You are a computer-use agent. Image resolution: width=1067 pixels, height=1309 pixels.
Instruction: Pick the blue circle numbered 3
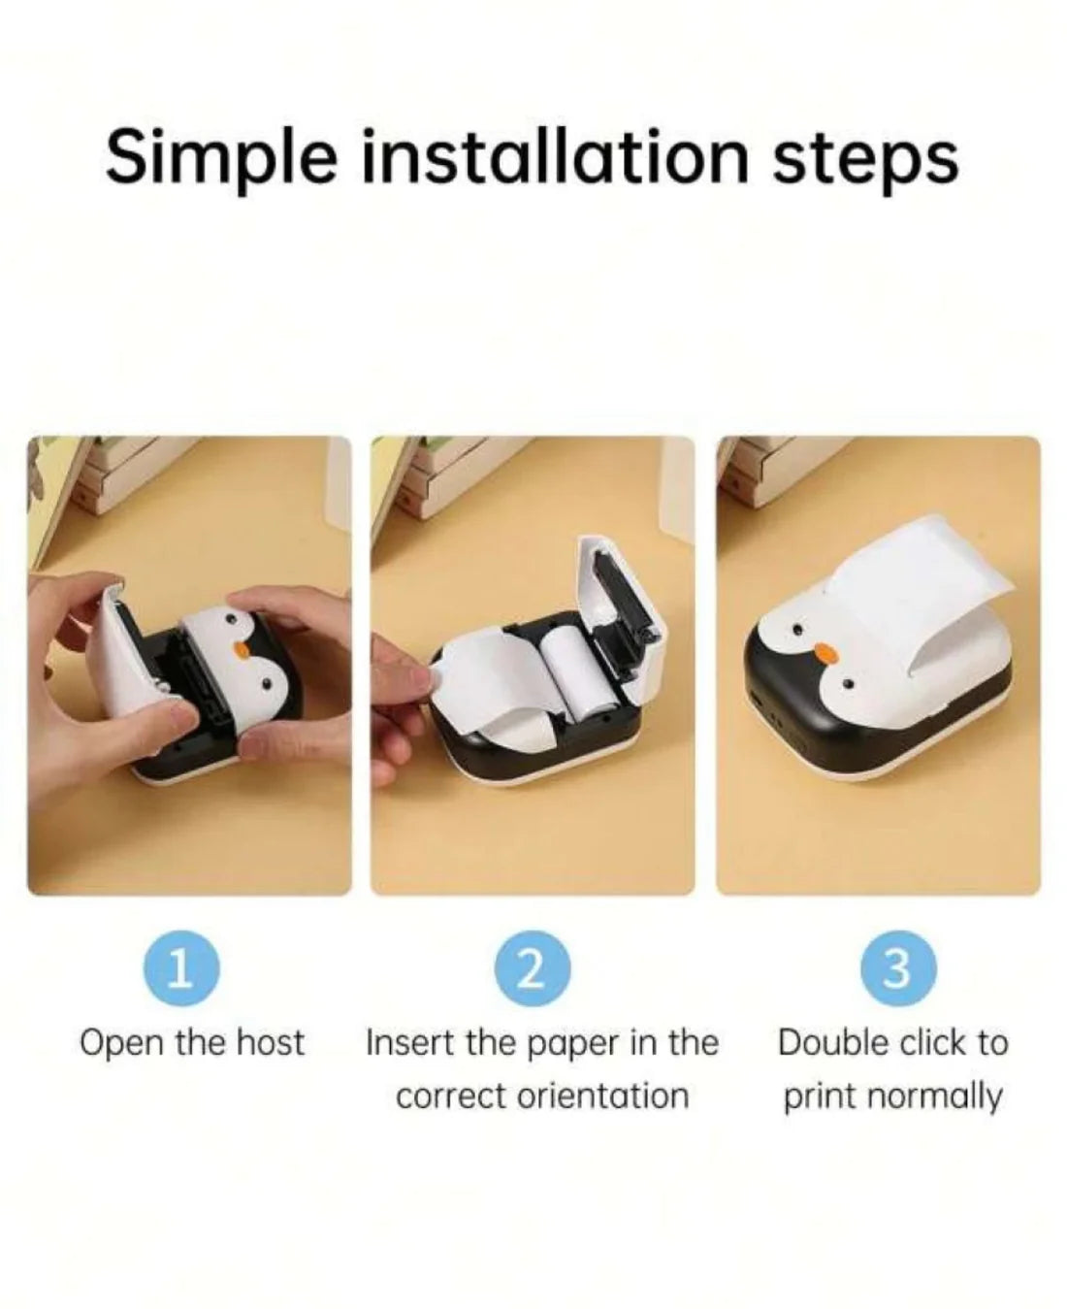coord(897,968)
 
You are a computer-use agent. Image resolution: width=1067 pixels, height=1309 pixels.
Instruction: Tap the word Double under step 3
coord(833,1043)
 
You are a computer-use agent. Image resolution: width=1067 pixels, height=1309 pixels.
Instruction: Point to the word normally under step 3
coord(933,1097)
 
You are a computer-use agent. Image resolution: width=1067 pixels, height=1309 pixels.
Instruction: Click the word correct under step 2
coord(451,1096)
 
